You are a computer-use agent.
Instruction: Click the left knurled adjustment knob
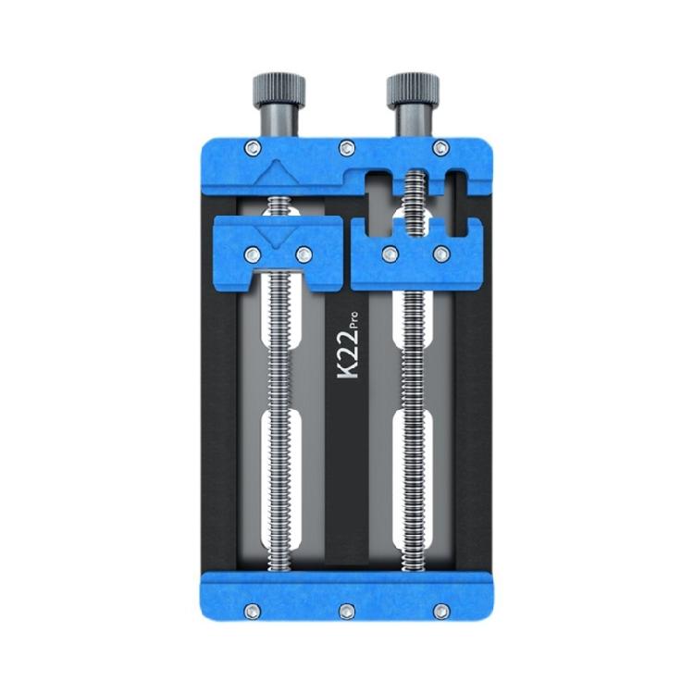pos(279,90)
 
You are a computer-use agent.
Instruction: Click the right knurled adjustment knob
pos(413,90)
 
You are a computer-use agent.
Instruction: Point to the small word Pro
pos(353,319)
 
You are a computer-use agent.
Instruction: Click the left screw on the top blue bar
pos(253,148)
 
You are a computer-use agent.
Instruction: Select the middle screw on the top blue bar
pos(347,148)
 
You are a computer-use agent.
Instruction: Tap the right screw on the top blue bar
pos(440,148)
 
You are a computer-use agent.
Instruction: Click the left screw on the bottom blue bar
pos(253,612)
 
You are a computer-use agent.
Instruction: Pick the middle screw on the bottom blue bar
pos(347,612)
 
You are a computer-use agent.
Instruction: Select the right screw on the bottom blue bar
pos(440,612)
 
